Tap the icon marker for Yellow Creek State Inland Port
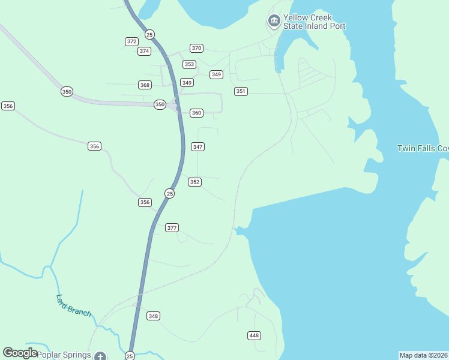[x=274, y=22]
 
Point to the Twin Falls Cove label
[x=423, y=148]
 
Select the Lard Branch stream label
[x=73, y=305]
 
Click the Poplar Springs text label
[x=64, y=355]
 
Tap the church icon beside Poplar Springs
[x=100, y=356]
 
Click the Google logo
[x=20, y=353]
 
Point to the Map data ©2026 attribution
[x=423, y=355]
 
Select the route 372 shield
[x=131, y=41]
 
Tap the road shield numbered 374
[x=144, y=51]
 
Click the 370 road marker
[x=196, y=48]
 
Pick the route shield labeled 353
[x=189, y=64]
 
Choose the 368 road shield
[x=145, y=85]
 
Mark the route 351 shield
[x=241, y=91]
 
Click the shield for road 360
[x=196, y=113]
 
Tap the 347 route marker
[x=197, y=146]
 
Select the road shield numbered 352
[x=194, y=182]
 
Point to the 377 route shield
[x=172, y=227]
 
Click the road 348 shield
[x=153, y=316]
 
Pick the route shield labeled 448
[x=254, y=335]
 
